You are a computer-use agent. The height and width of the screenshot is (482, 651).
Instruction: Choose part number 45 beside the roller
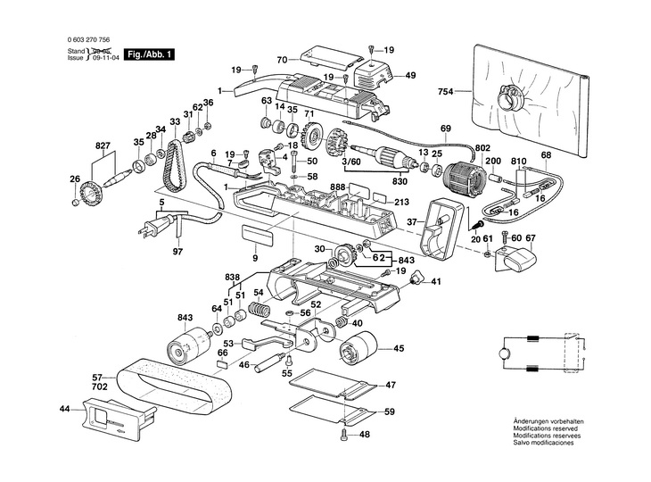click(x=399, y=348)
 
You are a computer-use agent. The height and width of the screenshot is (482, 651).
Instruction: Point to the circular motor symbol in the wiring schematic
click(x=502, y=354)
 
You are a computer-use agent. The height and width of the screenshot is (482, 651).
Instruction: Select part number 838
click(x=232, y=277)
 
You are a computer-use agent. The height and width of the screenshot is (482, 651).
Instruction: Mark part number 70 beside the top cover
click(x=281, y=60)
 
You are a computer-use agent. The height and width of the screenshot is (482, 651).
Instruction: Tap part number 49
click(x=411, y=75)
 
